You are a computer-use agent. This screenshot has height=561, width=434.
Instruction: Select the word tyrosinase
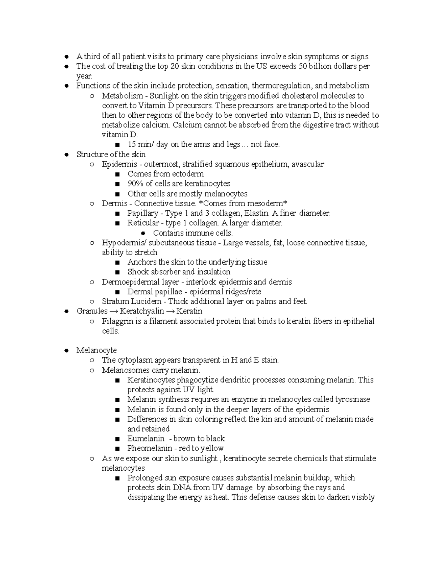pyautogui.click(x=352, y=400)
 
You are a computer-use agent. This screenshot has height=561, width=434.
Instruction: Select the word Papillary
pyautogui.click(x=142, y=213)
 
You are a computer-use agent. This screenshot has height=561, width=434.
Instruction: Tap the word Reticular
pyautogui.click(x=143, y=223)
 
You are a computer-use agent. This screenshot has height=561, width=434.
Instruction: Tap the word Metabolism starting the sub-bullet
pyautogui.click(x=122, y=96)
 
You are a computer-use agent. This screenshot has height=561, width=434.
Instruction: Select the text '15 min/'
pyautogui.click(x=140, y=144)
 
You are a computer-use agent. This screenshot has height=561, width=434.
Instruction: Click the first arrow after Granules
pyautogui.click(x=114, y=311)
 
